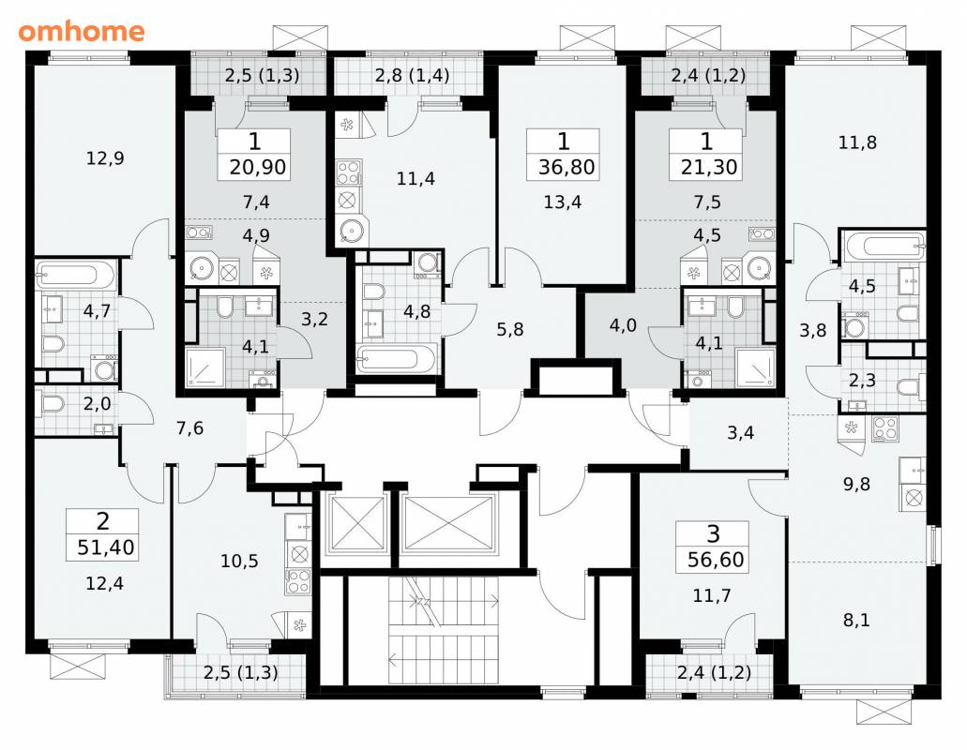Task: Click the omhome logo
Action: [x=82, y=32]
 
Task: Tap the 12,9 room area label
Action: [x=105, y=158]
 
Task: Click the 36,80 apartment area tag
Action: [x=567, y=167]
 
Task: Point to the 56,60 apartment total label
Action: [x=716, y=560]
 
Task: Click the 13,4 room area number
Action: [x=563, y=202]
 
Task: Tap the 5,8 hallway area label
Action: [x=510, y=329]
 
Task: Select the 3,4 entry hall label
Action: [x=740, y=432]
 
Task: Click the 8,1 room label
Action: [x=856, y=620]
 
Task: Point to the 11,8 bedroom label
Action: [x=857, y=143]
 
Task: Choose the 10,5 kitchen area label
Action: [x=239, y=562]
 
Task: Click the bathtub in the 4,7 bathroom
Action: [x=76, y=275]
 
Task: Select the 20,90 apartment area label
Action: [x=257, y=167]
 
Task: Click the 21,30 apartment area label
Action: [x=709, y=167]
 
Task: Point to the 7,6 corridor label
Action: [x=190, y=427]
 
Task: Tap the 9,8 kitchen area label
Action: [x=856, y=485]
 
